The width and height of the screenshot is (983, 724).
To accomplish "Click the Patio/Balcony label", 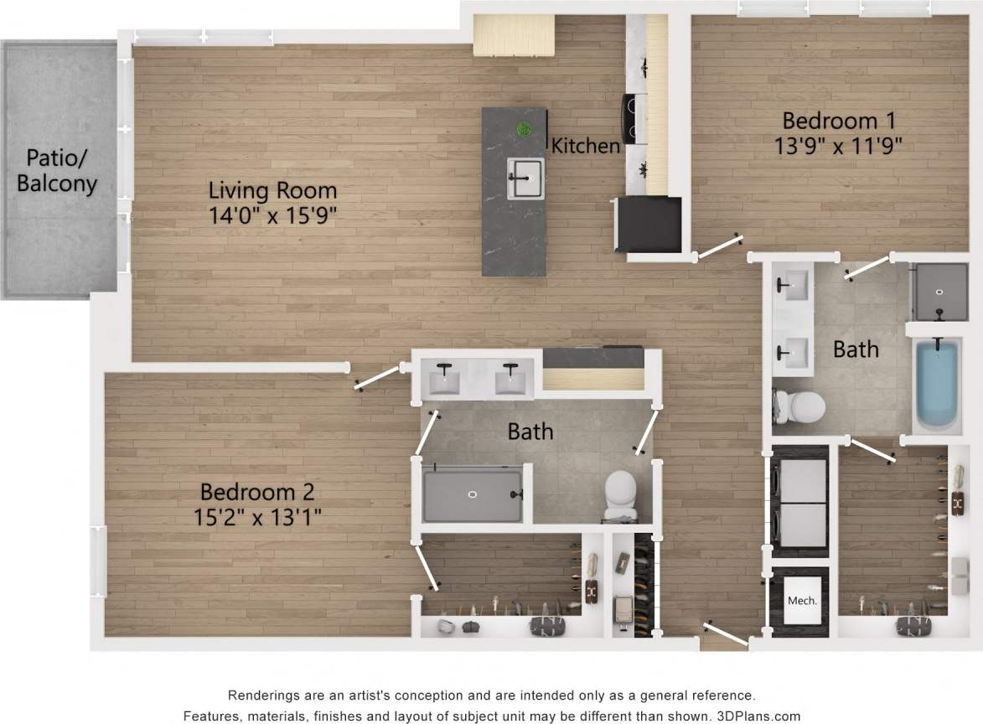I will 57,170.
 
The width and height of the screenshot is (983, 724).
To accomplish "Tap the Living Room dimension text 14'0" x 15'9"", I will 273,215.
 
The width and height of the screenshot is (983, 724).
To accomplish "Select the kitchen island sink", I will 525,177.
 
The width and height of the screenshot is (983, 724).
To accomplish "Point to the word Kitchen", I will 585,146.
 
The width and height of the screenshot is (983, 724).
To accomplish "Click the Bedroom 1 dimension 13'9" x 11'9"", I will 838,145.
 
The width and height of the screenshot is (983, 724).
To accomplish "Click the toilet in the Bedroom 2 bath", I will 621,494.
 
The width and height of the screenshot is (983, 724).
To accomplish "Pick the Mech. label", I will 801,601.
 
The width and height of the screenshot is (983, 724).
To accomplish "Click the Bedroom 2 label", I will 257,491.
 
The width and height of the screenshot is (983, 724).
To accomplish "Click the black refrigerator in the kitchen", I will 648,223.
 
